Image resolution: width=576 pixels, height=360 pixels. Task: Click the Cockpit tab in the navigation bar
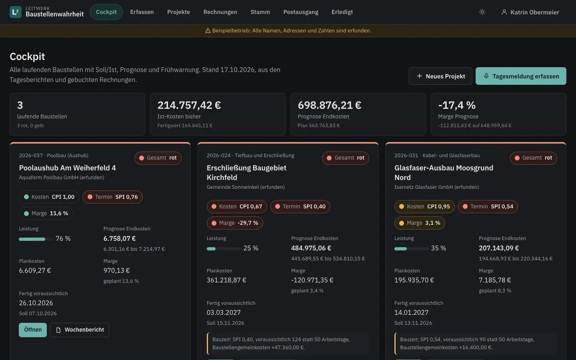[106, 12]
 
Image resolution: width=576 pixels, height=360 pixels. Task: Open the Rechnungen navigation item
[220, 12]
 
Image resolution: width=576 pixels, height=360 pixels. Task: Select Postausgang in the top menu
[301, 12]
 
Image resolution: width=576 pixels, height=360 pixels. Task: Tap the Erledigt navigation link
[342, 12]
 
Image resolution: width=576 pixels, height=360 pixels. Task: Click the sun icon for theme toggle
[482, 12]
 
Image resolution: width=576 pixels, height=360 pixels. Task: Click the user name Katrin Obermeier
[534, 12]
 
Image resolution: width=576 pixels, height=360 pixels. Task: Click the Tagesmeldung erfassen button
[521, 76]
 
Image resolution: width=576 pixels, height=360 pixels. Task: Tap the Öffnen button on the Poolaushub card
[33, 330]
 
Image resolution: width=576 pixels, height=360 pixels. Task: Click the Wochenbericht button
[79, 330]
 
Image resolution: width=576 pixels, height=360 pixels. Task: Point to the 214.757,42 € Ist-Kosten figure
[189, 105]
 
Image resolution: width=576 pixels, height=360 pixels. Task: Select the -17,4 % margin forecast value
[457, 105]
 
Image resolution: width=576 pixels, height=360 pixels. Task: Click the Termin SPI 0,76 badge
[112, 197]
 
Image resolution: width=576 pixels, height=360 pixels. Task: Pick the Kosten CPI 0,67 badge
[237, 207]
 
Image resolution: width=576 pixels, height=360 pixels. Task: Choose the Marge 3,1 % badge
[419, 223]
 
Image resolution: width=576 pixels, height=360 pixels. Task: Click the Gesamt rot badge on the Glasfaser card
[533, 158]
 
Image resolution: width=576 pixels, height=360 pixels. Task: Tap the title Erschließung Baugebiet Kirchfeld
[246, 172]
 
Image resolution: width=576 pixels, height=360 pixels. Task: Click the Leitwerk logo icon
[16, 12]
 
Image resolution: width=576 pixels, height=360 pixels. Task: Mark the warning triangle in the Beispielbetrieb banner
[208, 30]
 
